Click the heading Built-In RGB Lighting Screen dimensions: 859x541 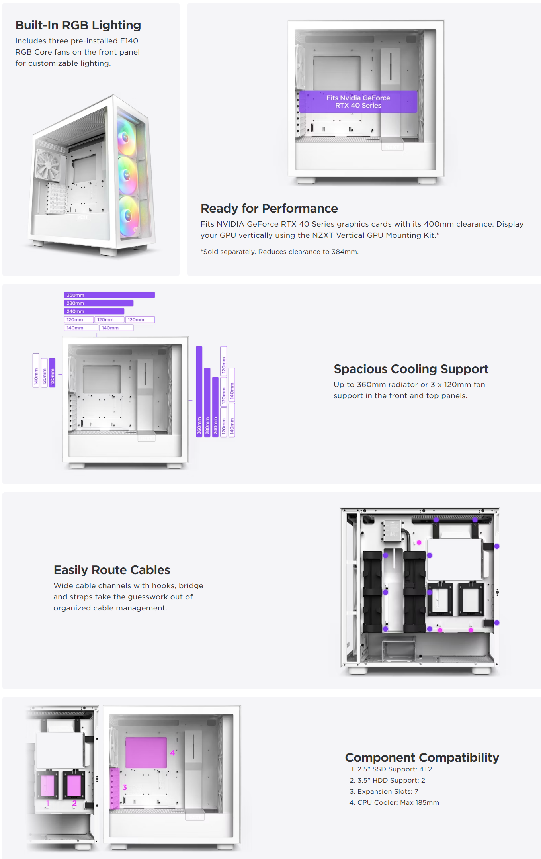pyautogui.click(x=78, y=25)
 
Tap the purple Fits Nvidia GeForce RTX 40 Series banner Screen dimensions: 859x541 pyautogui.click(x=358, y=102)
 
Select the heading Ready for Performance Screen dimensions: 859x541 pyautogui.click(x=269, y=209)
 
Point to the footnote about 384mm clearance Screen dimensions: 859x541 pyautogui.click(x=279, y=252)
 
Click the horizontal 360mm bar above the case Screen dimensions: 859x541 pyautogui.click(x=109, y=295)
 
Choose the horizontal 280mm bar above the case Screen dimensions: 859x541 pyautogui.click(x=98, y=303)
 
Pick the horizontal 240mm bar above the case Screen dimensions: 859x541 pyautogui.click(x=94, y=311)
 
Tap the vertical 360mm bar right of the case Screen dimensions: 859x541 pyautogui.click(x=199, y=391)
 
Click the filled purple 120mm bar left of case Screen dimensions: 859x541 pyautogui.click(x=52, y=373)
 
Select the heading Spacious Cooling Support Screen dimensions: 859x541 pyautogui.click(x=411, y=369)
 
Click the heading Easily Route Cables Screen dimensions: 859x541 pyautogui.click(x=112, y=570)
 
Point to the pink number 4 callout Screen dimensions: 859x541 pyautogui.click(x=172, y=753)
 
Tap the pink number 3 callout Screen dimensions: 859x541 pyautogui.click(x=125, y=787)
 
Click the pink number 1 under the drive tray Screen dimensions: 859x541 pyautogui.click(x=48, y=803)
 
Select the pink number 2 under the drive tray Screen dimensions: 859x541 pyautogui.click(x=74, y=803)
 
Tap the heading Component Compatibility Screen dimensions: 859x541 pyautogui.click(x=422, y=757)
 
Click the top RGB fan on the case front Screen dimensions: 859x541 pyautogui.click(x=126, y=137)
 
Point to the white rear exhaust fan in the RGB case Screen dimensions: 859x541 pyautogui.click(x=48, y=164)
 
